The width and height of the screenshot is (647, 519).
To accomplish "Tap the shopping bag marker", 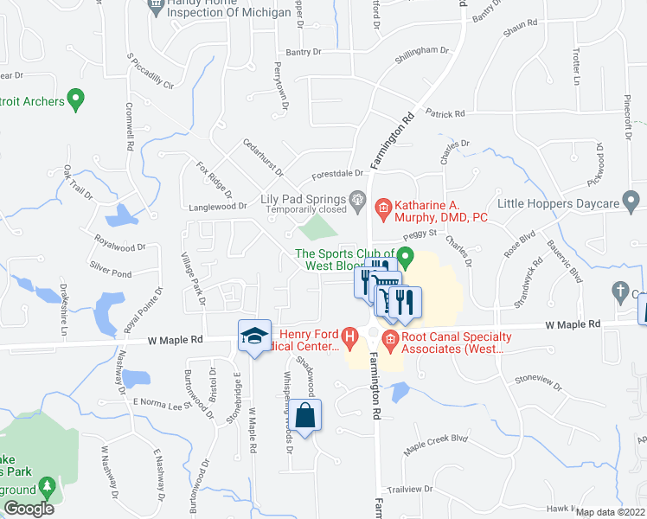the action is pyautogui.click(x=306, y=414).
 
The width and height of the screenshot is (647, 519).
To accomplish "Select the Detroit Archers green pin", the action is pyautogui.click(x=75, y=101).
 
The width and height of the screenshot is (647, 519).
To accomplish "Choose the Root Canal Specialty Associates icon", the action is pyautogui.click(x=390, y=336).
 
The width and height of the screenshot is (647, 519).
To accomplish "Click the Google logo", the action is pyautogui.click(x=29, y=508).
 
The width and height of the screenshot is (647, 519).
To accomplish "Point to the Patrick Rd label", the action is pyautogui.click(x=445, y=113).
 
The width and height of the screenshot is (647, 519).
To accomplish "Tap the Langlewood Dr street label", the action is pyautogui.click(x=219, y=207).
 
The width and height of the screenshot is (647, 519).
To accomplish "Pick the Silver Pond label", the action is pyautogui.click(x=111, y=272).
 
